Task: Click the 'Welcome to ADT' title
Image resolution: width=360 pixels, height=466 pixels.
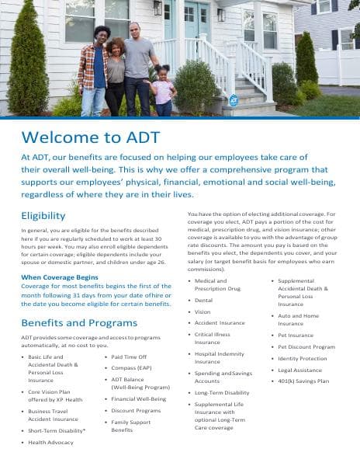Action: [91, 137]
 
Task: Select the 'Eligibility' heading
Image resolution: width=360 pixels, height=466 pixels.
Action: [43, 215]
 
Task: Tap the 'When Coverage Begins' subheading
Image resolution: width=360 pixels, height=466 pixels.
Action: [60, 276]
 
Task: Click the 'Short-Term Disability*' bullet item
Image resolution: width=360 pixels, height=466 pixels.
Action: [57, 429]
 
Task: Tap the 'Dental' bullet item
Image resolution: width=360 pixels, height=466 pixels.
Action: [203, 300]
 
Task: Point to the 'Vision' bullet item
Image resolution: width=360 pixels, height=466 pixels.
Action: [202, 311]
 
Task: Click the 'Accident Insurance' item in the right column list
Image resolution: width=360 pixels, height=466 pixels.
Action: [220, 322]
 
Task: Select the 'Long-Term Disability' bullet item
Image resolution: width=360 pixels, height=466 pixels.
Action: [222, 392]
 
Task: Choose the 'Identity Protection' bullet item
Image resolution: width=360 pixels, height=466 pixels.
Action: [302, 358]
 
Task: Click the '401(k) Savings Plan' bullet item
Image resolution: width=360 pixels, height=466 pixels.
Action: [303, 381]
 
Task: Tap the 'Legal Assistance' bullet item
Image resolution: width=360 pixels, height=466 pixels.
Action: [299, 370]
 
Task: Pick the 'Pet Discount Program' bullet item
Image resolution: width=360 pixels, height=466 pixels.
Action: [306, 346]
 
